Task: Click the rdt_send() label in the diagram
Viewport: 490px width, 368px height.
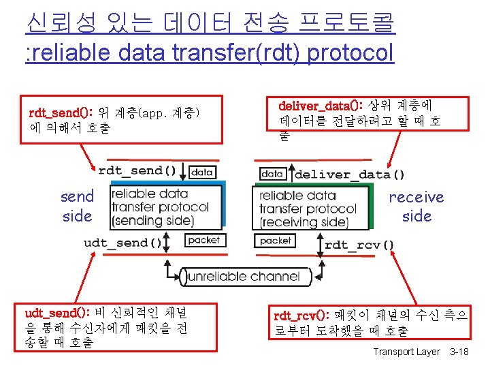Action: pos(137,171)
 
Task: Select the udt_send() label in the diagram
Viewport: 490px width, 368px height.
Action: pos(122,243)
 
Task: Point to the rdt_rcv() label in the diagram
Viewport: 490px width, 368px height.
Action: pos(359,245)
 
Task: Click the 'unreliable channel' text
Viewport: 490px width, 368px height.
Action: pos(244,276)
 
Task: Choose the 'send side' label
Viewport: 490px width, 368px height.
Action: pos(77,206)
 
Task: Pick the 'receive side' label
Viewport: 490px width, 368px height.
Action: pos(416,206)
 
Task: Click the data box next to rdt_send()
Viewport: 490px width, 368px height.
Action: pos(202,172)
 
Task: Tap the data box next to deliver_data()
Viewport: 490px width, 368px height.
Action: pos(272,174)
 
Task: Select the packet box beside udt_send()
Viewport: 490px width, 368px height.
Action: pos(203,241)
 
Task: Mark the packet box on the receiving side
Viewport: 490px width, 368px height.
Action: pos(276,241)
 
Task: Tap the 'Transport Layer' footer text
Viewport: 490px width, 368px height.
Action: pos(406,352)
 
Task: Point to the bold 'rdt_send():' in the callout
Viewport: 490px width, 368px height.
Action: pos(61,112)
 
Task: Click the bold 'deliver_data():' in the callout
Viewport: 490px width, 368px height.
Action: pos(322,106)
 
